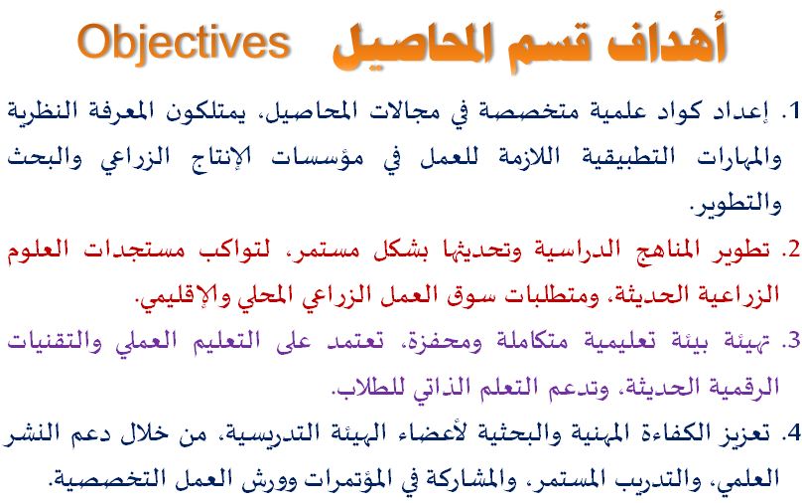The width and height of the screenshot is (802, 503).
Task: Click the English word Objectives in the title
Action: coord(185,44)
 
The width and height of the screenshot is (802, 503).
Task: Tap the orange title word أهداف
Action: coord(667,42)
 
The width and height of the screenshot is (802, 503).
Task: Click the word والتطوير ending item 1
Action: coord(735,204)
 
